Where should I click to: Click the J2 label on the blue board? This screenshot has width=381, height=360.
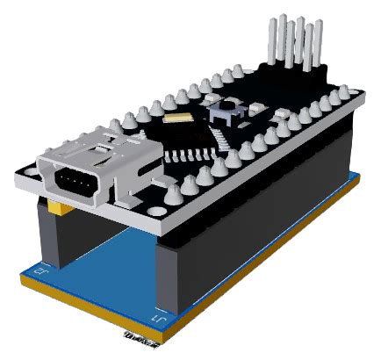coord(38,272)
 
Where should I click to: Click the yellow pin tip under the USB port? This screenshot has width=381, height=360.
coord(55,209)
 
